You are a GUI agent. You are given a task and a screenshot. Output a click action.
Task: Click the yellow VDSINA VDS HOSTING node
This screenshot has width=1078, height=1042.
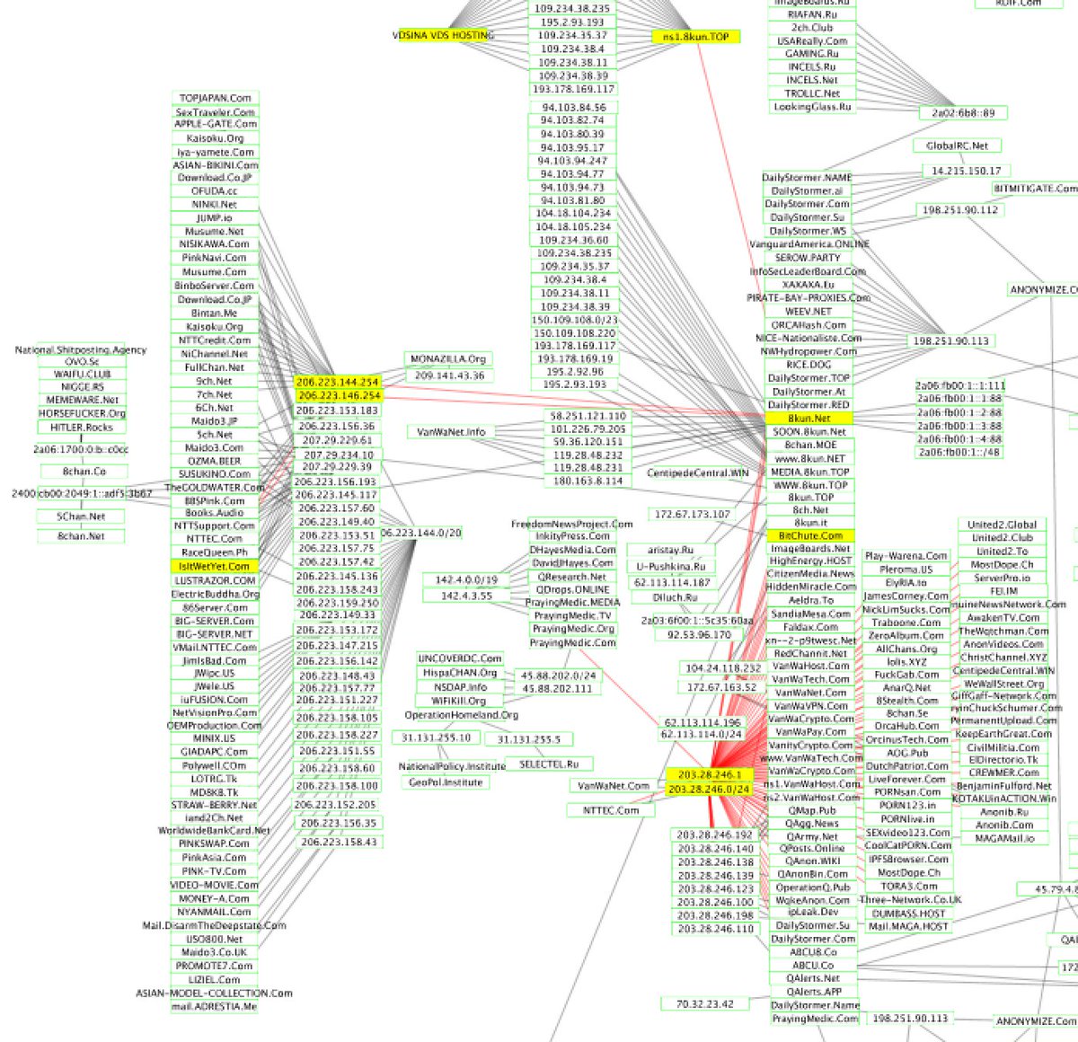[x=443, y=35]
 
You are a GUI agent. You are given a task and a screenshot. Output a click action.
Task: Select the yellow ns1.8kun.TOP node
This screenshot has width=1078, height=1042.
[x=696, y=37]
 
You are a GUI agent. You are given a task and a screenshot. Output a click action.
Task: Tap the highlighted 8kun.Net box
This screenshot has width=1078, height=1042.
[x=809, y=419]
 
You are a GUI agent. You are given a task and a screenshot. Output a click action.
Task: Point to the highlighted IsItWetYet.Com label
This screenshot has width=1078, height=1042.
[x=214, y=567]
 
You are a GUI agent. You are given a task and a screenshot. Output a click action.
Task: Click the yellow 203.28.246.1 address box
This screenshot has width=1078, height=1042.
[x=710, y=774]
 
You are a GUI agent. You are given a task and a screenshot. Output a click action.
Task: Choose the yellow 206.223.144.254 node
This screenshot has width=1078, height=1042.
[x=338, y=382]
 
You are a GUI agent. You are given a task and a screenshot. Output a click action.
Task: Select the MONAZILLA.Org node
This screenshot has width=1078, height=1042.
[x=447, y=359]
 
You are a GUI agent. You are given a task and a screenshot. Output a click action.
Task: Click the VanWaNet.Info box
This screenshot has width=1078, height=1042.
[x=451, y=432]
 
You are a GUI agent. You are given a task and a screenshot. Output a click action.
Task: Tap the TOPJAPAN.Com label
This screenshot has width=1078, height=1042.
[x=215, y=98]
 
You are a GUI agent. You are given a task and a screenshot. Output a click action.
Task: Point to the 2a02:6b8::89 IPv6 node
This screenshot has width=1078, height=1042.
[x=963, y=113]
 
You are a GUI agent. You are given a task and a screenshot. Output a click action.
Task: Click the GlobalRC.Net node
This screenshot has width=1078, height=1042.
[x=957, y=146]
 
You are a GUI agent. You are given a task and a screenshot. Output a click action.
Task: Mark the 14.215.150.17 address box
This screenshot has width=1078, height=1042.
[x=966, y=171]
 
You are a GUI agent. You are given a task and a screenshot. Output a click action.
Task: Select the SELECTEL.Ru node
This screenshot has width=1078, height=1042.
[x=549, y=764]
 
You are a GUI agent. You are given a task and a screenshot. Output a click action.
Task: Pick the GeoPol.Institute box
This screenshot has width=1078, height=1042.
[x=446, y=782]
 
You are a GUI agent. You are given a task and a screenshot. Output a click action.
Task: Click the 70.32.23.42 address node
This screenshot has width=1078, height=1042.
[x=705, y=1004]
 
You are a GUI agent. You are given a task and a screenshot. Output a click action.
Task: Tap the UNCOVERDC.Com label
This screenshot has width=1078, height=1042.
[x=460, y=658]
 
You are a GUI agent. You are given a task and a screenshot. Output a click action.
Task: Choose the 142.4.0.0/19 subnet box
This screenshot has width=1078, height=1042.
[x=466, y=580]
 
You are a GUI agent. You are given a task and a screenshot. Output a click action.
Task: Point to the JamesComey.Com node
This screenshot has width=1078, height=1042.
[x=906, y=596]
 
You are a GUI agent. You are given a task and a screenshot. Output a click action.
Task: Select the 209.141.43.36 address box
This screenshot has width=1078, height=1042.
[x=449, y=375]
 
